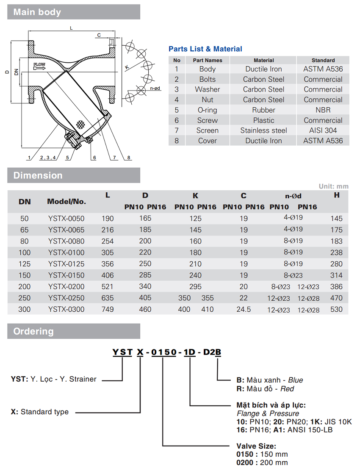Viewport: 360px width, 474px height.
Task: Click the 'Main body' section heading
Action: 37,12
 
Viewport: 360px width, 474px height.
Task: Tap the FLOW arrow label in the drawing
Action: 39,65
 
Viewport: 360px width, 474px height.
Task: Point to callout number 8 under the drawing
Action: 129,158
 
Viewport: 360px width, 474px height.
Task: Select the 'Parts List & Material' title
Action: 205,49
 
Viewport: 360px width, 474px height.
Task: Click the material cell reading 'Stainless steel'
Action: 263,130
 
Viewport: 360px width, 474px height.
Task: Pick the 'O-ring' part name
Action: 208,110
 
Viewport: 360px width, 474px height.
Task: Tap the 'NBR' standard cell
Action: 323,110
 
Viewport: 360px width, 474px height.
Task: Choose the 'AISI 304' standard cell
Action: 323,130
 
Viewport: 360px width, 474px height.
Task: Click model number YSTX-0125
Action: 66,264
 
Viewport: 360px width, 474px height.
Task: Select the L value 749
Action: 108,309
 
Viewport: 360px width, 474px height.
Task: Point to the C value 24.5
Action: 244,309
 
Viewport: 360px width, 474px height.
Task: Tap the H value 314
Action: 336,275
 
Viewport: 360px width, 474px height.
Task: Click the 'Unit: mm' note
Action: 333,186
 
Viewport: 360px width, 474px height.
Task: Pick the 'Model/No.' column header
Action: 66,202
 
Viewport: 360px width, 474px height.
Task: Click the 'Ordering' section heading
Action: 33,331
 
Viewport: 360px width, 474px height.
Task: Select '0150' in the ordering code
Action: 163,352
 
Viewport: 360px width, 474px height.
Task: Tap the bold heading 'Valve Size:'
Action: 256,446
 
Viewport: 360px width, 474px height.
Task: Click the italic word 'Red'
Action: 287,389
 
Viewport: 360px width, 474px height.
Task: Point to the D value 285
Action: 145,275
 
